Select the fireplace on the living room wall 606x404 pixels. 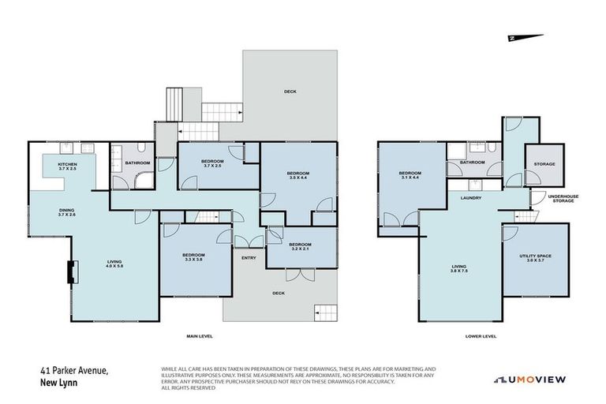tap(72, 272)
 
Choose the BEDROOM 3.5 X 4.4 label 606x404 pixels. tap(297, 175)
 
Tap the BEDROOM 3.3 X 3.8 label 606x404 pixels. tap(193, 257)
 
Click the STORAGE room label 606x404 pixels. tap(544, 164)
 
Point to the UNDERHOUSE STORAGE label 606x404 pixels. tap(563, 200)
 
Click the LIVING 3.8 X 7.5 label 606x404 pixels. tap(459, 268)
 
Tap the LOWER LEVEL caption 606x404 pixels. tap(481, 336)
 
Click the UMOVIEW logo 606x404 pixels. tap(529, 380)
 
